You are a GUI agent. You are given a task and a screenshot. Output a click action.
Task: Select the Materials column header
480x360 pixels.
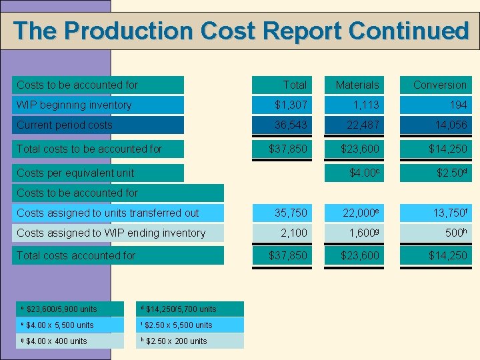[357, 85]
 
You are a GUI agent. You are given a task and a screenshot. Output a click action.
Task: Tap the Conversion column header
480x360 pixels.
[439, 85]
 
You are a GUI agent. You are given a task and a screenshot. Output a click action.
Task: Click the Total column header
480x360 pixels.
[294, 85]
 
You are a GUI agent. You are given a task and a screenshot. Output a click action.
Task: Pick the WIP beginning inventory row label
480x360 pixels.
[74, 105]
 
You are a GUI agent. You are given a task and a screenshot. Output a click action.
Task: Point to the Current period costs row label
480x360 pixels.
[65, 125]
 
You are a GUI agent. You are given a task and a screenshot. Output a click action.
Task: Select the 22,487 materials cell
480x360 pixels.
[361, 125]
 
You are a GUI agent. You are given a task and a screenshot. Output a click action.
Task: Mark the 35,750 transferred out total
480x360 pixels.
[292, 213]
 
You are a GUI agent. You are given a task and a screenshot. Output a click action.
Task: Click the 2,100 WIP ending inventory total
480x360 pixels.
[293, 233]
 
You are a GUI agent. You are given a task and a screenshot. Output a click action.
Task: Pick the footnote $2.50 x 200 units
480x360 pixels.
[176, 341]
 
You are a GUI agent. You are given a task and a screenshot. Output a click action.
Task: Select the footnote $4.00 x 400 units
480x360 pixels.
[57, 341]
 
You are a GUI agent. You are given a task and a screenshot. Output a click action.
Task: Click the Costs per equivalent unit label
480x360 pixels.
[75, 173]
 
